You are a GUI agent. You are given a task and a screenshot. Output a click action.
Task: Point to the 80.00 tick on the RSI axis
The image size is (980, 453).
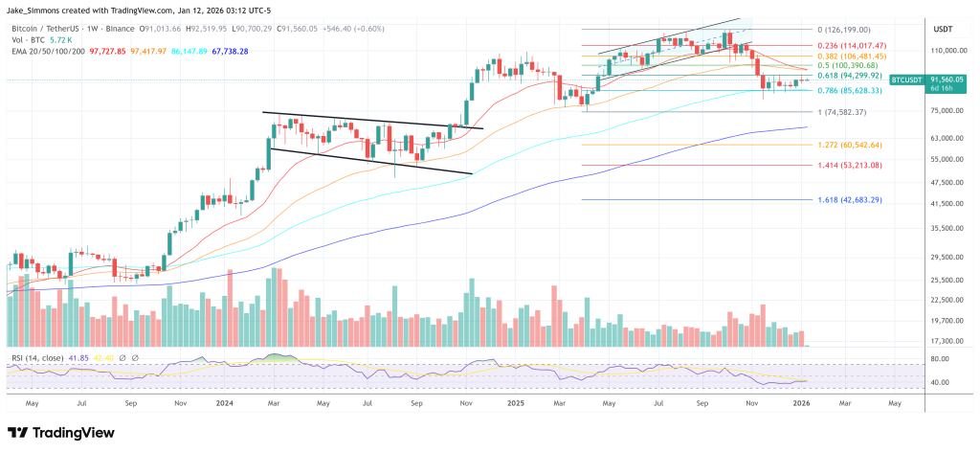coord(939,359)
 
